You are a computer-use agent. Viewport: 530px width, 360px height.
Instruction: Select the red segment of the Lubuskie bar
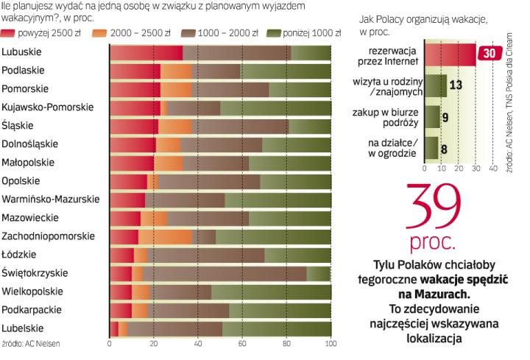click(146, 52)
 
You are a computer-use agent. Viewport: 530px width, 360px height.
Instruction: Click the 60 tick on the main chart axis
click(242, 342)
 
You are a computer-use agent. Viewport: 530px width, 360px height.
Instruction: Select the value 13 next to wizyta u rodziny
click(455, 84)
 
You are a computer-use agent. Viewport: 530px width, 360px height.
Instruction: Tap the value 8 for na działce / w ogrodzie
click(445, 147)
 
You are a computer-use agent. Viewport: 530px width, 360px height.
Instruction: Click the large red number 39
click(438, 208)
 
